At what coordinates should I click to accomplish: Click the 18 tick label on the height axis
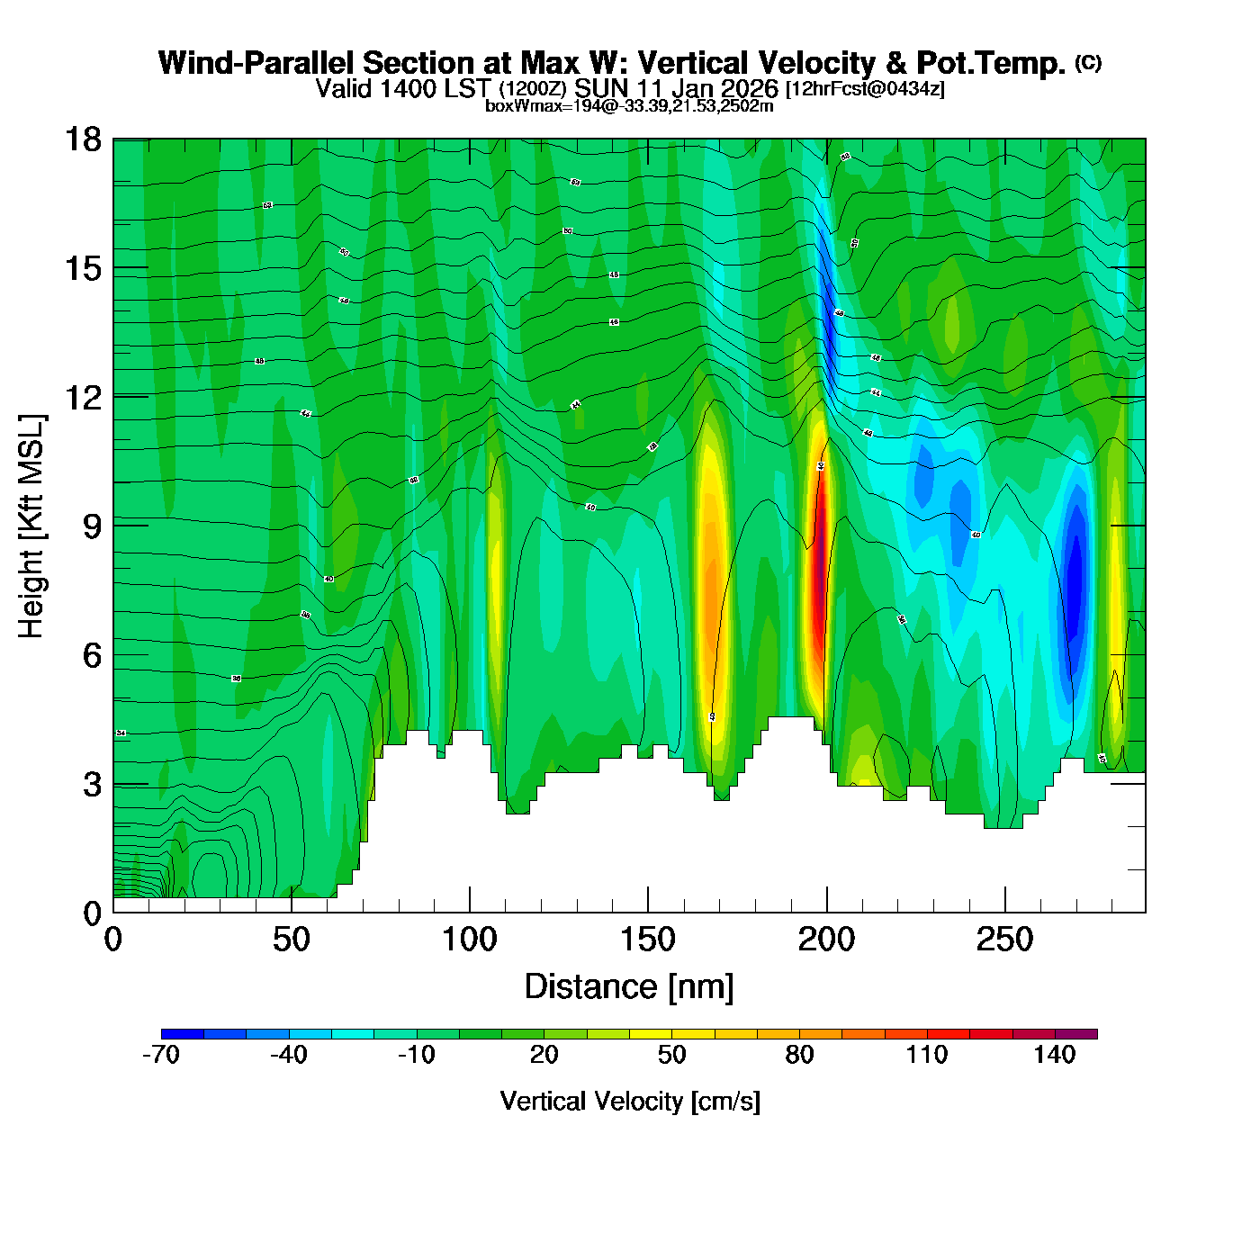(82, 139)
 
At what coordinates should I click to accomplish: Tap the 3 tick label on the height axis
(92, 784)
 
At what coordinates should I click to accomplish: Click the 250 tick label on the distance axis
(1004, 940)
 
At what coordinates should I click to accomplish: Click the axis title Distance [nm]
(629, 986)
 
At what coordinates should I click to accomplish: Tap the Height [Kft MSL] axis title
(31, 526)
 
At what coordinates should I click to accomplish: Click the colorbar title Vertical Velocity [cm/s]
(630, 1101)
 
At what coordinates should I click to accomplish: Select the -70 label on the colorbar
(161, 1055)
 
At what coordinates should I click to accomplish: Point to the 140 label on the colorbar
(1054, 1055)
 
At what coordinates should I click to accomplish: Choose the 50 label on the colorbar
(671, 1055)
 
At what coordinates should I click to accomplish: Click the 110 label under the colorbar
(927, 1055)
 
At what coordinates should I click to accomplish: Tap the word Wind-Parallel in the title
(257, 63)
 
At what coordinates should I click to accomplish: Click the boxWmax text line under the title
(629, 106)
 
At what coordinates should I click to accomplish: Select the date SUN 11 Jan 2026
(676, 88)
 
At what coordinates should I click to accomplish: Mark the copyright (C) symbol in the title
(1088, 62)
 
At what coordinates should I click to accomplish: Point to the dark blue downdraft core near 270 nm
(1075, 576)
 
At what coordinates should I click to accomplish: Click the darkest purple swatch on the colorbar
(1076, 1034)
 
